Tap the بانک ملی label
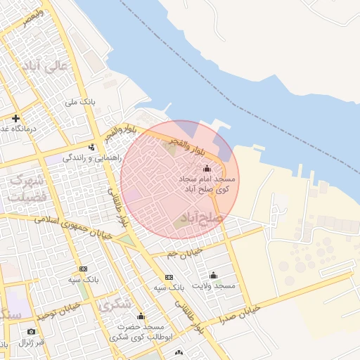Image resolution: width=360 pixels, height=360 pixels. [79, 103]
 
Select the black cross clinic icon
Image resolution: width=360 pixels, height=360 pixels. [15, 118]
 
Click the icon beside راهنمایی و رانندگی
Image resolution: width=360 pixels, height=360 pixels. [91, 147]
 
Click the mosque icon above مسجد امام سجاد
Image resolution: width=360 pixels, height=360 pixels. [207, 169]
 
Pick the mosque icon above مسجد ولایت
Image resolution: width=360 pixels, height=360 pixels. [214, 275]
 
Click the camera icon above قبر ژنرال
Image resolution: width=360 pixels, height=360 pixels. [31, 331]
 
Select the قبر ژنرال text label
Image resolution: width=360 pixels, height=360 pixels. [32, 343]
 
